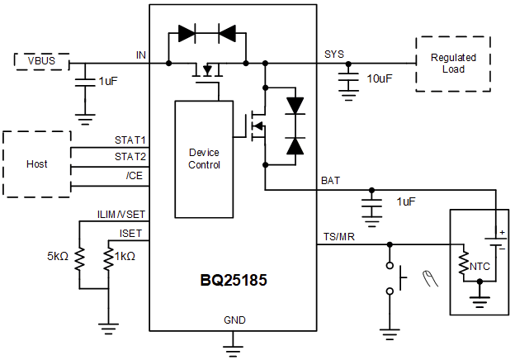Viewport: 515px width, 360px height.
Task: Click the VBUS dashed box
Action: pyautogui.click(x=41, y=62)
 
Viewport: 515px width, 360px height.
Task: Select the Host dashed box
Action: pyautogui.click(x=36, y=163)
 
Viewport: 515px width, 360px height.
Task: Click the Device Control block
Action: pyautogui.click(x=204, y=159)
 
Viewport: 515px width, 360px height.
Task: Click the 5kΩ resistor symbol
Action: pyautogui.click(x=80, y=259)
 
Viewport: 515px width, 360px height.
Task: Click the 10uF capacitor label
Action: pyautogui.click(x=380, y=78)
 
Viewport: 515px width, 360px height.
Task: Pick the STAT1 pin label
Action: pyautogui.click(x=130, y=141)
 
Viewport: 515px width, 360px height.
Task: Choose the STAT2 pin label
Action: pyautogui.click(x=130, y=156)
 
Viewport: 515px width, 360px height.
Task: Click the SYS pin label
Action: pyautogui.click(x=333, y=54)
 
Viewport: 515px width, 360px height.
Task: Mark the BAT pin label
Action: pyautogui.click(x=329, y=180)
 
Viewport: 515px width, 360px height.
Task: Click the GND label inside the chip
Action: pyautogui.click(x=234, y=320)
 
